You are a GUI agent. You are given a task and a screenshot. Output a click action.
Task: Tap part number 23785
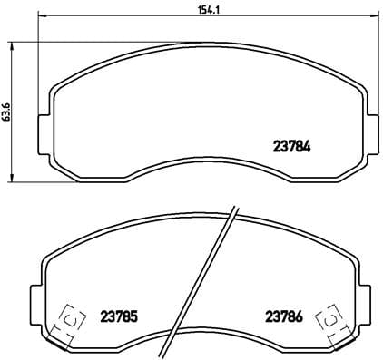point(119,316)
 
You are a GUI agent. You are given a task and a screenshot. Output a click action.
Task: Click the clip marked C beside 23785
point(68,318)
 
